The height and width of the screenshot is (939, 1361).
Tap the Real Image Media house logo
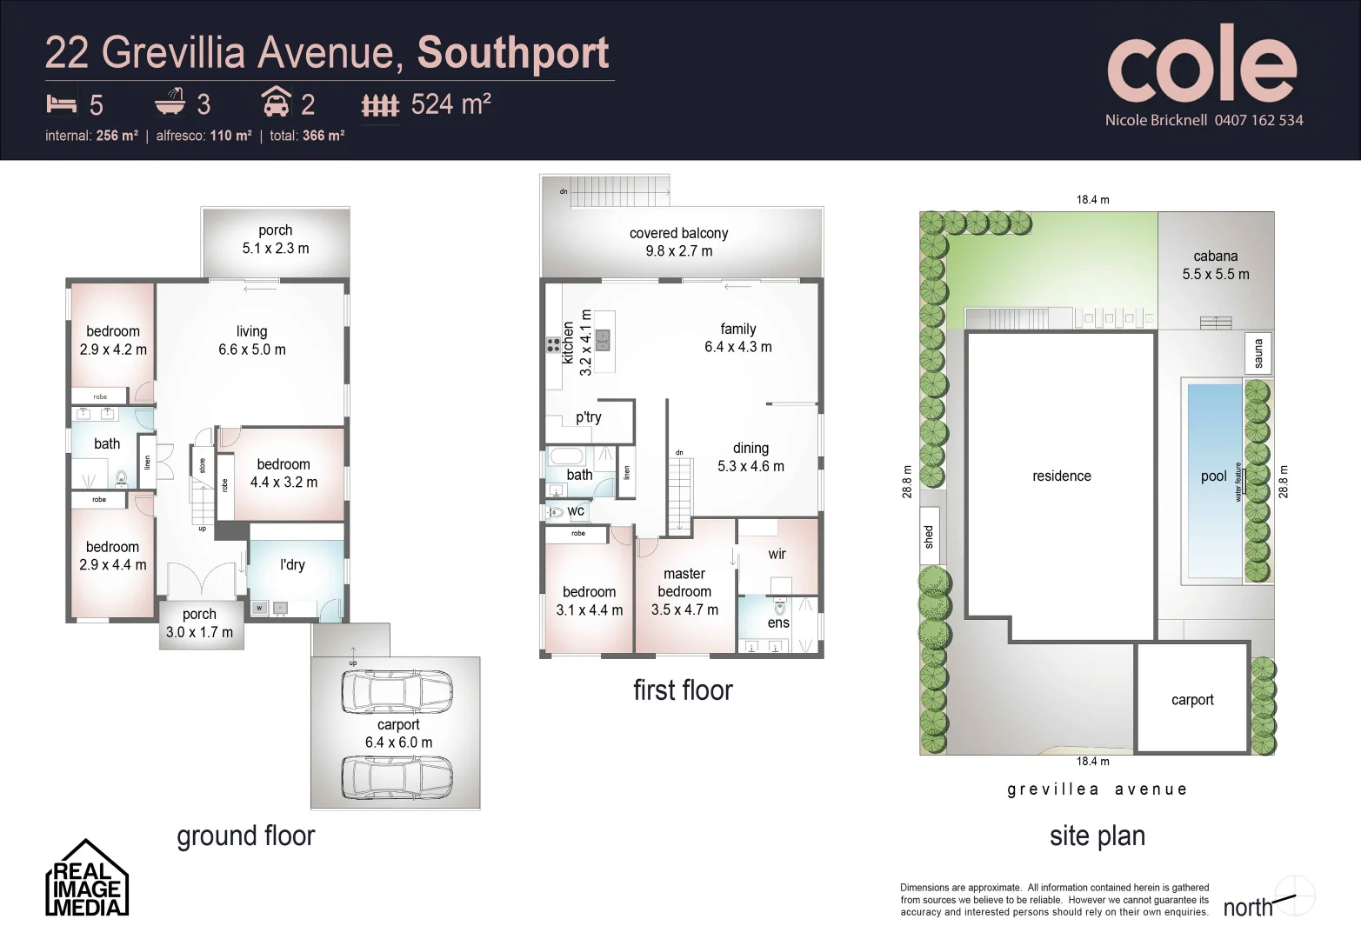point(86,879)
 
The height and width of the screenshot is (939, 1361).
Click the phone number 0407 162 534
point(1258,120)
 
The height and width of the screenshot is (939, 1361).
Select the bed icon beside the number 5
point(61,104)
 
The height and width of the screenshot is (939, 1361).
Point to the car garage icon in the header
point(276,103)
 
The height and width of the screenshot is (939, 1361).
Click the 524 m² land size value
point(450,104)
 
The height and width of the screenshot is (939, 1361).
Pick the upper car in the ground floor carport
point(397,692)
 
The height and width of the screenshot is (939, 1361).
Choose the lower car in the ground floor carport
point(397,776)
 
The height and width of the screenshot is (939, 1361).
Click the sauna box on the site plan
point(1258,353)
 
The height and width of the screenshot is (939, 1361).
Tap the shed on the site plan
point(928,536)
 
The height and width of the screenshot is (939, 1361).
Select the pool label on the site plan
point(1213,476)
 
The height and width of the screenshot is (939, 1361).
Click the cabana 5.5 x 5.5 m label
point(1215,265)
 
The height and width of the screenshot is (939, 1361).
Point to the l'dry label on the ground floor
point(292,564)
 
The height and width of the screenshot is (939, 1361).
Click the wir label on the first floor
point(777,554)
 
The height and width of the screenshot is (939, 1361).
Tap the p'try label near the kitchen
point(589,416)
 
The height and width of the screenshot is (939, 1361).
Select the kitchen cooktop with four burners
point(553,344)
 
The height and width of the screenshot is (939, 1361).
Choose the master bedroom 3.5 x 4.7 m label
point(684,591)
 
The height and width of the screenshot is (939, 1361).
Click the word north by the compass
point(1247,908)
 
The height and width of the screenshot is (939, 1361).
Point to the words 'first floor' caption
point(683,690)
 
